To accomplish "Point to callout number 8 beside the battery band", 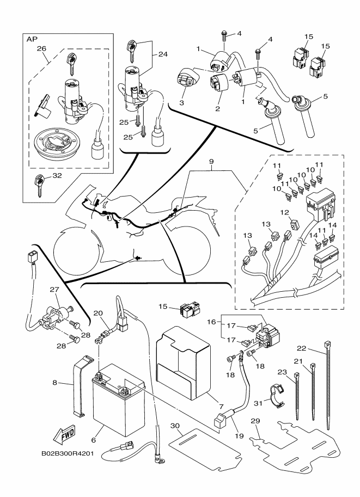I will coord(55,383).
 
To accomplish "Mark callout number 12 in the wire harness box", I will coord(284,212).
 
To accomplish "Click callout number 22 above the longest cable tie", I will coord(302,348).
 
